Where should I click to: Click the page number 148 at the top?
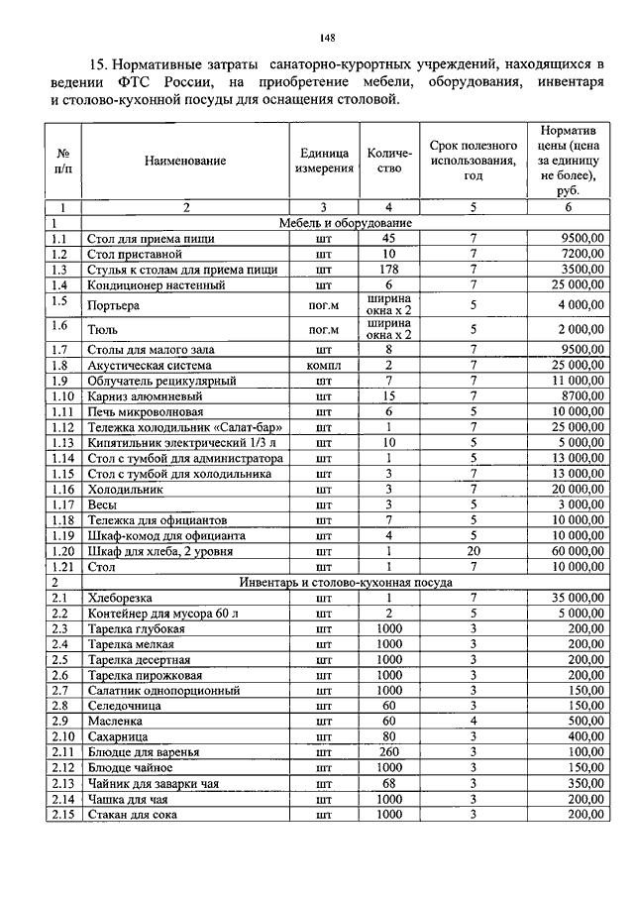(328, 39)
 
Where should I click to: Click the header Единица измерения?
(324, 161)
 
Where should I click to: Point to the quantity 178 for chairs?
(388, 269)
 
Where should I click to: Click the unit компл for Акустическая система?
(323, 365)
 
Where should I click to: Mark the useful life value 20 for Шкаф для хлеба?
(474, 551)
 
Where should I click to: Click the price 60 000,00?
(573, 551)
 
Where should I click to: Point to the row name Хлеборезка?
(123, 598)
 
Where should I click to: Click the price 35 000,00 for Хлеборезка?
(573, 598)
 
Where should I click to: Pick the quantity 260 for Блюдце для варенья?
(388, 752)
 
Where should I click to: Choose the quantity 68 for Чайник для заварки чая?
(388, 783)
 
